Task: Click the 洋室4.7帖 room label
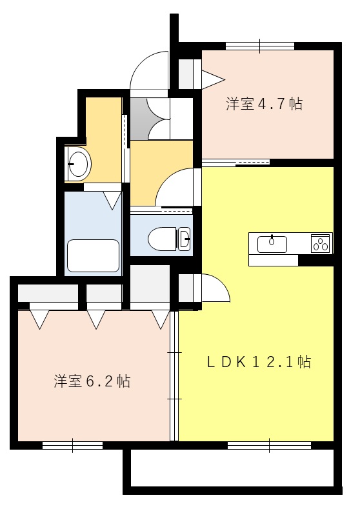pyautogui.click(x=264, y=104)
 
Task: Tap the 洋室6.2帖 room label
pyautogui.click(x=92, y=381)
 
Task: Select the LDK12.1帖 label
pyautogui.click(x=259, y=362)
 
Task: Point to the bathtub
pyautogui.click(x=94, y=255)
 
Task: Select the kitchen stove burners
pyautogui.click(x=321, y=243)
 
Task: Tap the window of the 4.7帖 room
pyautogui.click(x=260, y=46)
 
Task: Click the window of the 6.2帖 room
pyautogui.click(x=72, y=444)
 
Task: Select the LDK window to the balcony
pyautogui.click(x=269, y=444)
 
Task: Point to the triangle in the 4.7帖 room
pyautogui.click(x=213, y=79)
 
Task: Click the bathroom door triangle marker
pyautogui.click(x=112, y=200)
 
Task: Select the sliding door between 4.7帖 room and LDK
pyautogui.click(x=235, y=161)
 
